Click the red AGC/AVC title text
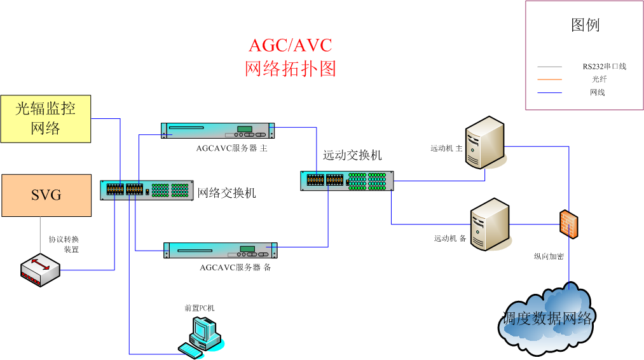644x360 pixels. tap(291, 46)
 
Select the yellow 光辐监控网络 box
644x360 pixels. tap(46, 119)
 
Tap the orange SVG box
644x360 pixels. tap(46, 195)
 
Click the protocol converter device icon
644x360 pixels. tap(39, 270)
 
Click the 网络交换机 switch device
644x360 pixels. tap(147, 190)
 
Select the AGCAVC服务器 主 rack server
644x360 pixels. tap(218, 130)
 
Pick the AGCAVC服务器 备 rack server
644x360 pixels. tap(221, 250)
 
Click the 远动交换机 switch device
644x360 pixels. tap(347, 181)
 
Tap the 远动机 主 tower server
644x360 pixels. tap(484, 142)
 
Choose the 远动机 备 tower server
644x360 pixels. tap(489, 224)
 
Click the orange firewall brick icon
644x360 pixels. tap(569, 224)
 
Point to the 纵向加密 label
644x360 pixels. tap(549, 256)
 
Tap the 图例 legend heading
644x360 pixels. tap(585, 25)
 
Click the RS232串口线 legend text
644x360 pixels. tap(604, 66)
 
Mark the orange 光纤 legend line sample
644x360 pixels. tap(549, 80)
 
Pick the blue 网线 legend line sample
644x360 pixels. tap(549, 93)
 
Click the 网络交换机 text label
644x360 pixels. tap(227, 193)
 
